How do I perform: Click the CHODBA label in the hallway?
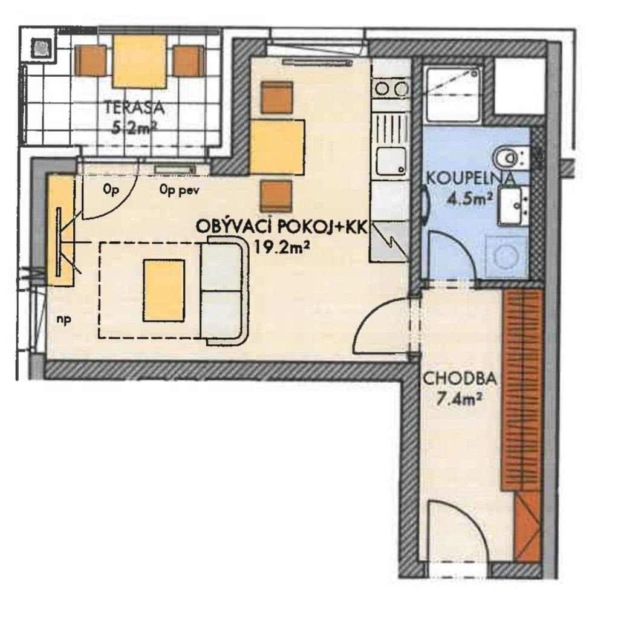coord(460,379)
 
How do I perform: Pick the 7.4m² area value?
coord(460,398)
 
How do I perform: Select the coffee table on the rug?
coord(164,290)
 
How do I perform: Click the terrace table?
coord(140,61)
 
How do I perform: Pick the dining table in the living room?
coord(277,148)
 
